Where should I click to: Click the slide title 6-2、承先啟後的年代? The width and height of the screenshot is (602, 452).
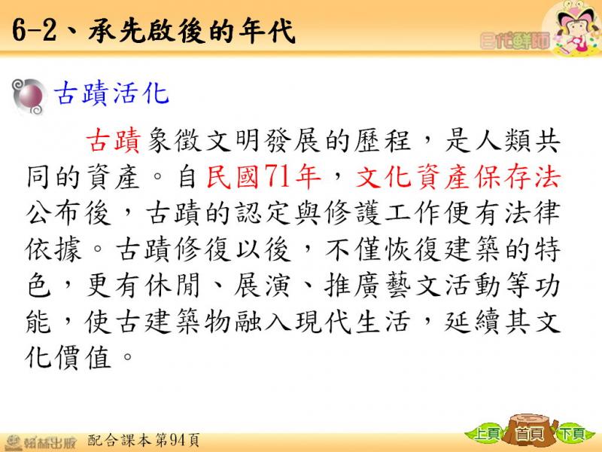[x=154, y=31]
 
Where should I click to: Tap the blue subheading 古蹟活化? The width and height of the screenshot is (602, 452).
[x=111, y=93]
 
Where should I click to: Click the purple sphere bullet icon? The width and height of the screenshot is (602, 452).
[x=29, y=96]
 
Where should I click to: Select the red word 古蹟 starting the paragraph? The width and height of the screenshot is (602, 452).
[x=114, y=141]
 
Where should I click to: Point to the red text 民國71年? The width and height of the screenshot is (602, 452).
[x=264, y=177]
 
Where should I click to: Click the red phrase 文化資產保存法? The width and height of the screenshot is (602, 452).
[x=458, y=177]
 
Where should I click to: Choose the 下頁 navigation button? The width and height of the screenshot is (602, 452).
[x=573, y=435]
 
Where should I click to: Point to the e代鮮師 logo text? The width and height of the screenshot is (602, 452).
[x=515, y=41]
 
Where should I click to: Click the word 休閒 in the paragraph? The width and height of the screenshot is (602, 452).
[x=173, y=286]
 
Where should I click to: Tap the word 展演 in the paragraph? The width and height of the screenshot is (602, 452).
[x=262, y=286]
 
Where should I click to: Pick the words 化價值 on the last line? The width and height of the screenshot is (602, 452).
[x=68, y=357]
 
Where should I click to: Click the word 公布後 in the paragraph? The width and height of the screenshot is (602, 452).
[x=68, y=213]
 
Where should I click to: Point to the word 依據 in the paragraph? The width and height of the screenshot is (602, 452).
[x=53, y=249]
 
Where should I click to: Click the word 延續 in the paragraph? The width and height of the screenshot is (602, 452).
[x=473, y=322]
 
